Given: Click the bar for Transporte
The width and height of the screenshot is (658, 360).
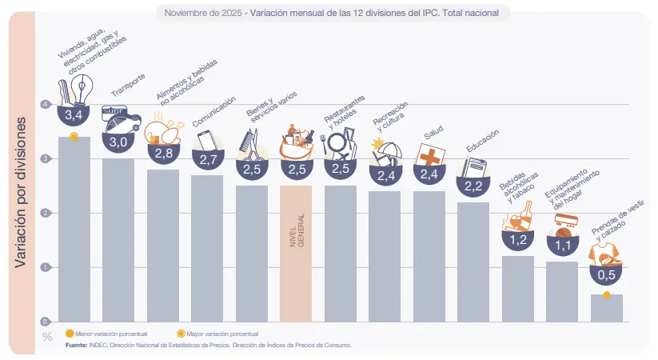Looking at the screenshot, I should pyautogui.click(x=118, y=240).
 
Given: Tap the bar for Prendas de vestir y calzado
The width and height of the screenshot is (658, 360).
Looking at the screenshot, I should pyautogui.click(x=606, y=309).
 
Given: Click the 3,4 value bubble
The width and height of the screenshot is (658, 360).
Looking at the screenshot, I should pyautogui.click(x=74, y=116).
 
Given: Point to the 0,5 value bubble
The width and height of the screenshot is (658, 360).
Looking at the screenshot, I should pyautogui.click(x=606, y=275).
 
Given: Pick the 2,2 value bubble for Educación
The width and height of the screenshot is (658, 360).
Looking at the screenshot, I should pyautogui.click(x=473, y=186).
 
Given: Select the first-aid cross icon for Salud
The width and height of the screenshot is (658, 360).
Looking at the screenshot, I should pyautogui.click(x=430, y=155).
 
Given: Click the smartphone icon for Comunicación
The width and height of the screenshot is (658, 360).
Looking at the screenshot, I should pyautogui.click(x=208, y=141).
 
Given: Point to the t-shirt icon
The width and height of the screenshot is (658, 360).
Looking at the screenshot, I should pyautogui.click(x=605, y=254).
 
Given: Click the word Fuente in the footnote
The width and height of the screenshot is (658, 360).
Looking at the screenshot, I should pyautogui.click(x=77, y=345).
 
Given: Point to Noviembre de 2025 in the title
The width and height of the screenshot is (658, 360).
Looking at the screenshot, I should pyautogui.click(x=201, y=14).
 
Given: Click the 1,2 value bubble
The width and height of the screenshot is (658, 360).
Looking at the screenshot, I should pyautogui.click(x=517, y=239).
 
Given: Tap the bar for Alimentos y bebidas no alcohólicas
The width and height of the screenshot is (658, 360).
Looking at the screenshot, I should pyautogui.click(x=162, y=245).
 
